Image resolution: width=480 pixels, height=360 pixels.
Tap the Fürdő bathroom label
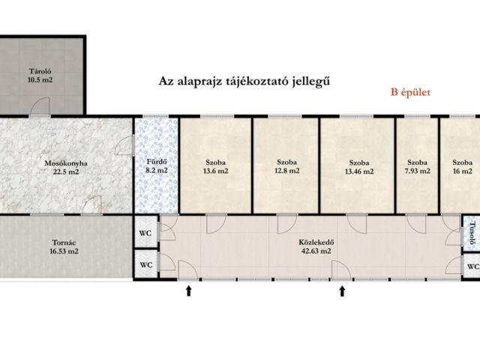point(156,161)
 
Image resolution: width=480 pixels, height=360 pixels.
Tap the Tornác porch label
point(63,241)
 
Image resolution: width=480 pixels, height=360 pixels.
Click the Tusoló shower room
point(472,233)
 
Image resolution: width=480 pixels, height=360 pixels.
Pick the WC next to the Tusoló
point(472,266)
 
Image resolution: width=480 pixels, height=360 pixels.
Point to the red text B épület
point(410,93)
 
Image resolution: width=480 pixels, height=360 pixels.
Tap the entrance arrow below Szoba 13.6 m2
point(188,290)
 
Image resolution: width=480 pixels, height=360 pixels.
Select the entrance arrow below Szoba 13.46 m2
point(343,290)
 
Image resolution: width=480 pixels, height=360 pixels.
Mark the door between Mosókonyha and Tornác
point(93,205)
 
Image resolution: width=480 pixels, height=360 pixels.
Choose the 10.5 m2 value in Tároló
point(41,79)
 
